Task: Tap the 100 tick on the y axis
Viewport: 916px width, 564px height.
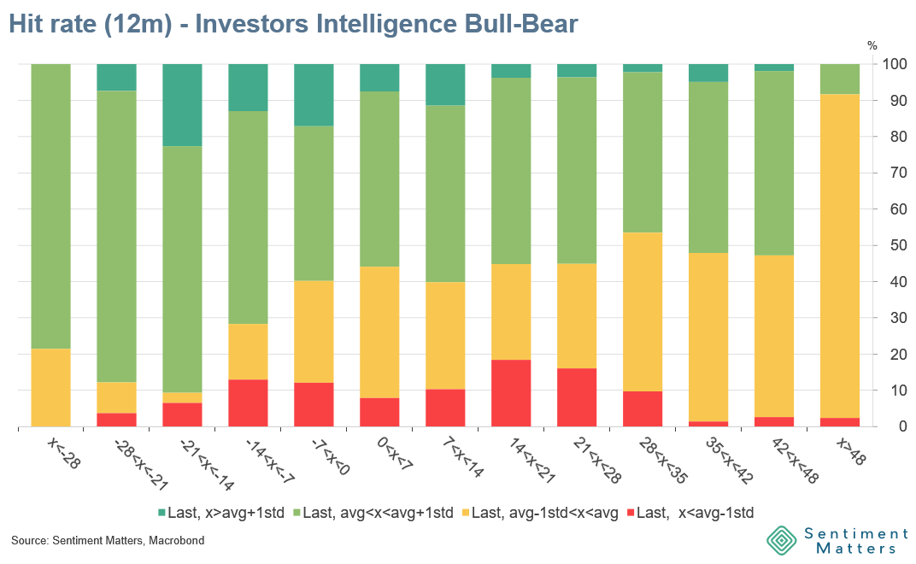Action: pos(895,65)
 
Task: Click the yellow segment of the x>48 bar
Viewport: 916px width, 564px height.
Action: pos(839,256)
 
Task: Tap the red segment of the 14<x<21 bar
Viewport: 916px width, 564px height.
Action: pos(511,393)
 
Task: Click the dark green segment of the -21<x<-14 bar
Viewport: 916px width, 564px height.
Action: pos(182,105)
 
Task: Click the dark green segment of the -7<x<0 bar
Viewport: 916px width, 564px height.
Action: pos(314,95)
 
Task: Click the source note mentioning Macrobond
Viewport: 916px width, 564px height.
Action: pos(108,541)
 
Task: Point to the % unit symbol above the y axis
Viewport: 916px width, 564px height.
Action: pos(872,45)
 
